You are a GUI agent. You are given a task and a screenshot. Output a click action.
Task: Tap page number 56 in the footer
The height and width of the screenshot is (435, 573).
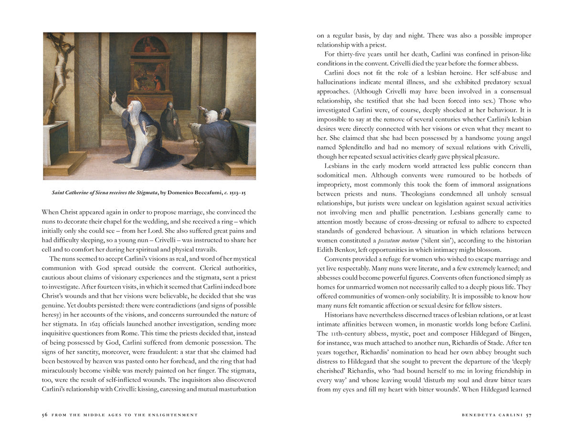[x=44, y=415]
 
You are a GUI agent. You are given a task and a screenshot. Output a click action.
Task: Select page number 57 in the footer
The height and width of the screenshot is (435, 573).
[x=528, y=415]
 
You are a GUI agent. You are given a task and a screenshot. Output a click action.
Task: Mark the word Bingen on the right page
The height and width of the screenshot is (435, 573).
[x=519, y=334]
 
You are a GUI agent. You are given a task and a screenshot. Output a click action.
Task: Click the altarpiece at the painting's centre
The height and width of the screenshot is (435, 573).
[x=150, y=72]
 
